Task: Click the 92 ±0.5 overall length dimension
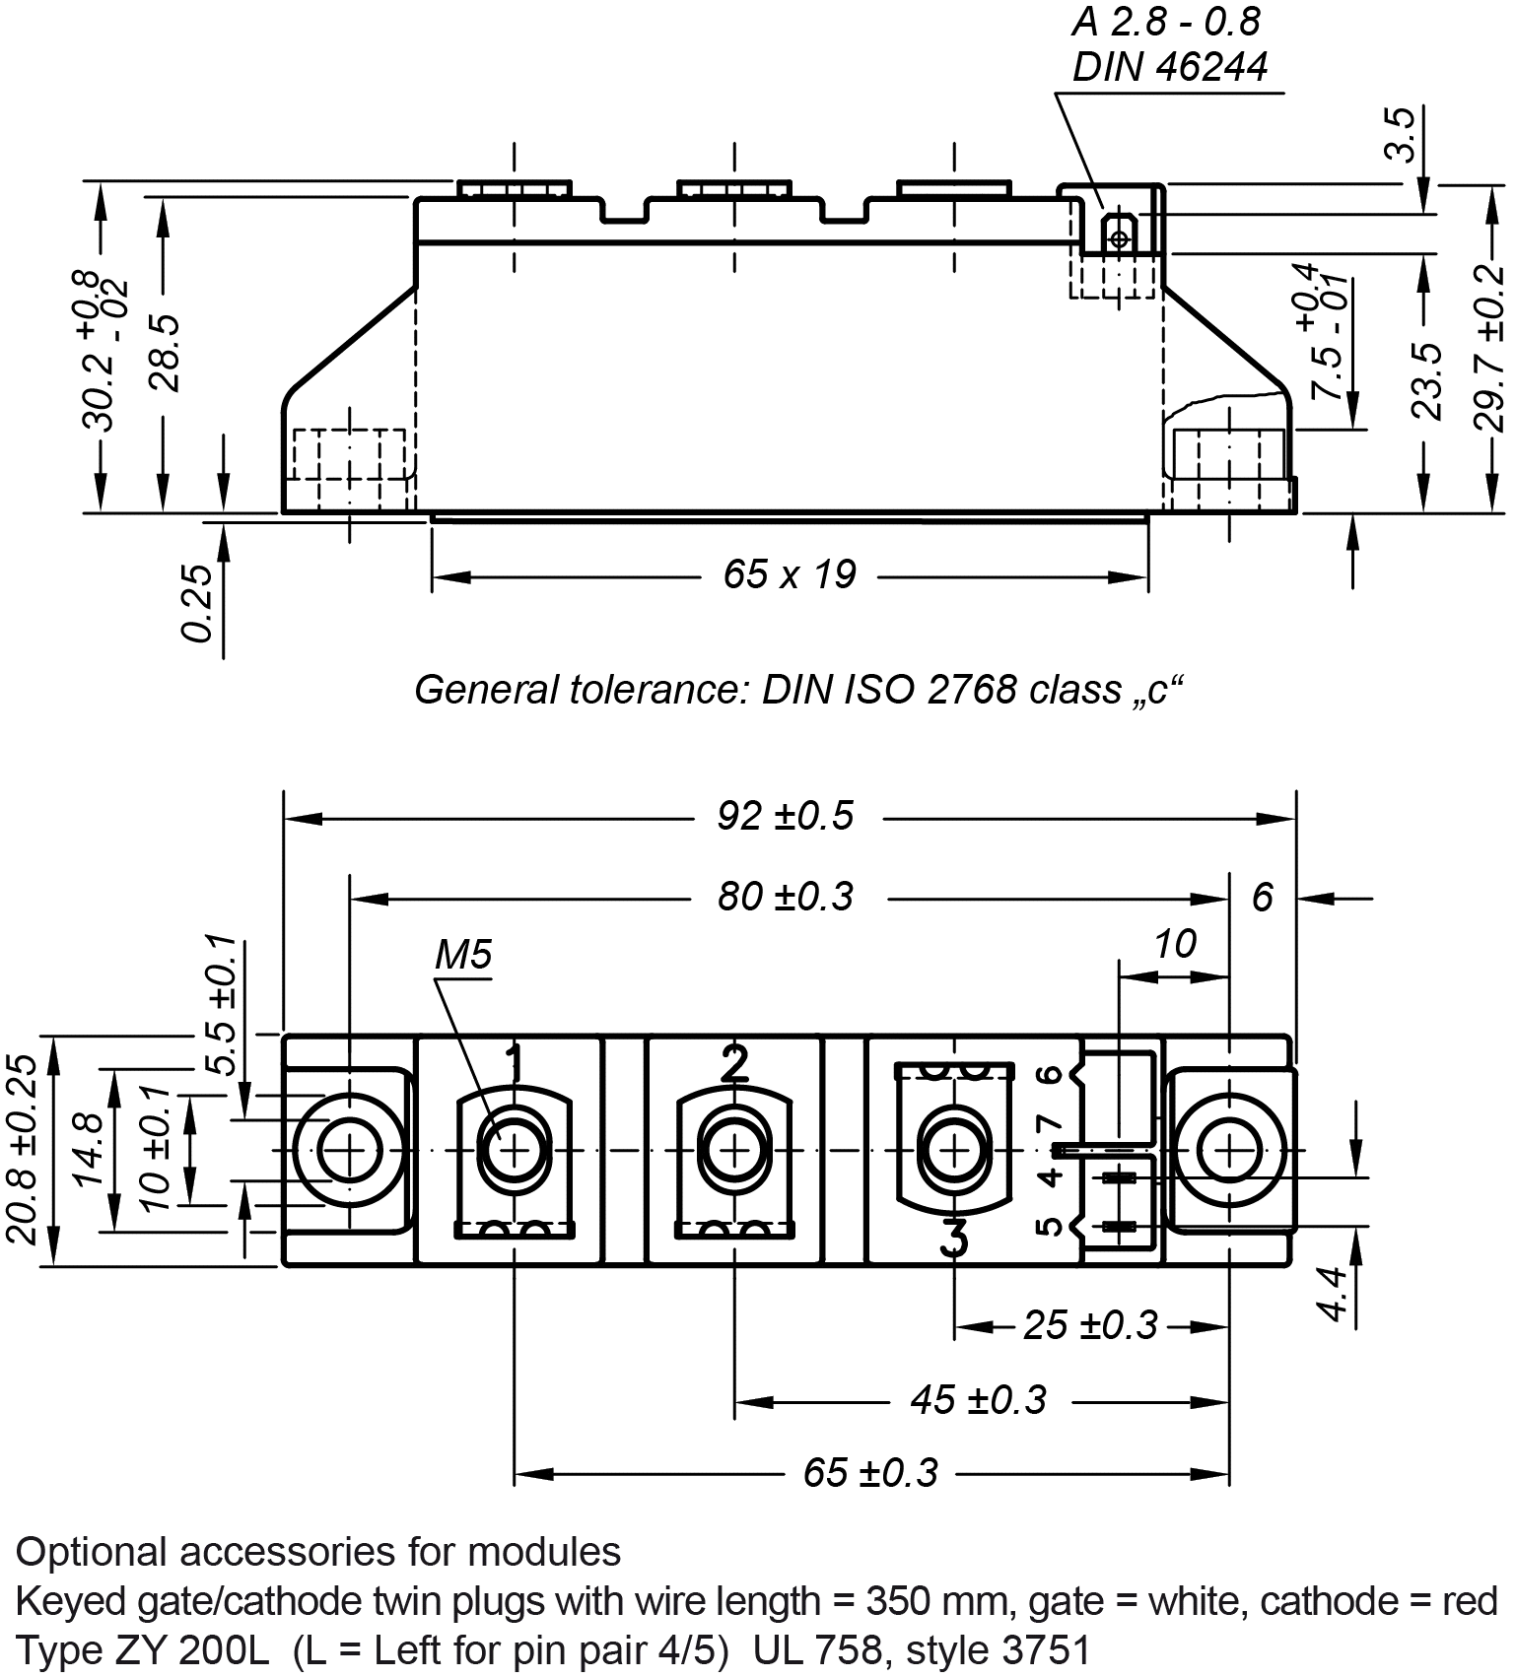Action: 785,816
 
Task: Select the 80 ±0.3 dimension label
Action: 785,897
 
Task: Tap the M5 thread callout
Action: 463,954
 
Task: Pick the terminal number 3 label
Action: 953,1238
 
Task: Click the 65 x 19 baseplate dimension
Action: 789,573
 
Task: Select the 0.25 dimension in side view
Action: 197,602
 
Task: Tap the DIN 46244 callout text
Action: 1170,67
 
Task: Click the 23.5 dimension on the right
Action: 1425,380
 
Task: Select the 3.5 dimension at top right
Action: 1401,134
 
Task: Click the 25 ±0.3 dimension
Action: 1089,1325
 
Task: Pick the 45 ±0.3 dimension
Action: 977,1399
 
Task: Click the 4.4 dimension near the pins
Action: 1333,1293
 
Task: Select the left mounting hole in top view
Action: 349,1150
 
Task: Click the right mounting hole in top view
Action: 1229,1150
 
